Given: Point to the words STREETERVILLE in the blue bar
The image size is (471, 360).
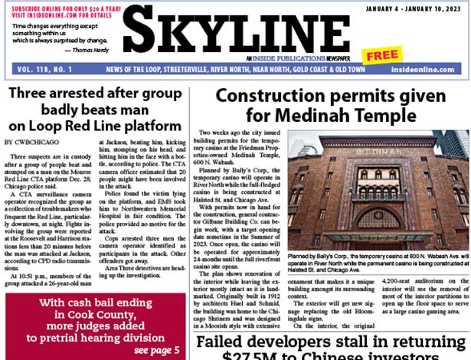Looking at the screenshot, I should (x=173, y=70).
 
